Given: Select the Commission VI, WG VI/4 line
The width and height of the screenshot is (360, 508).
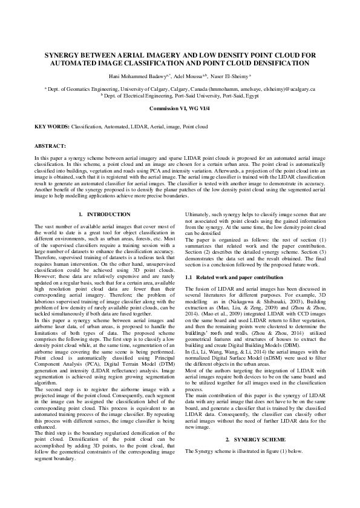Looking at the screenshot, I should pyautogui.click(x=180, y=108).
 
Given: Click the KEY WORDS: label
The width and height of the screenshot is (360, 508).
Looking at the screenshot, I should pyautogui.click(x=52, y=127).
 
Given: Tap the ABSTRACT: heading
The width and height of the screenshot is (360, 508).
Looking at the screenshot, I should pyautogui.click(x=49, y=147).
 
